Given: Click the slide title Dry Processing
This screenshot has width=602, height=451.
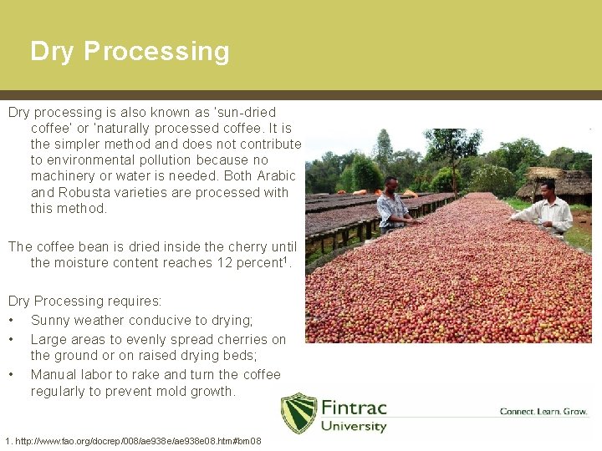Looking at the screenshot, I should [130, 51].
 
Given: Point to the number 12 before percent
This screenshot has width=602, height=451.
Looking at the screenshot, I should [223, 263].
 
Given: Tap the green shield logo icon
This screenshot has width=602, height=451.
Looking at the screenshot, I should [299, 413].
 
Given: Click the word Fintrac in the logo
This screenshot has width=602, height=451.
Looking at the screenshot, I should [355, 408].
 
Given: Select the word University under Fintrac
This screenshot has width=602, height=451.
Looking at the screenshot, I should [354, 427].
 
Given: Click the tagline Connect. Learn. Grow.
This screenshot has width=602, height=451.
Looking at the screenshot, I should [544, 412].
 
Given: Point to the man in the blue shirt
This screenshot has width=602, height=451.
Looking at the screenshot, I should [391, 205].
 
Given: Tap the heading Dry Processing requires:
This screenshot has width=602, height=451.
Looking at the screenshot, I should [84, 301].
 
